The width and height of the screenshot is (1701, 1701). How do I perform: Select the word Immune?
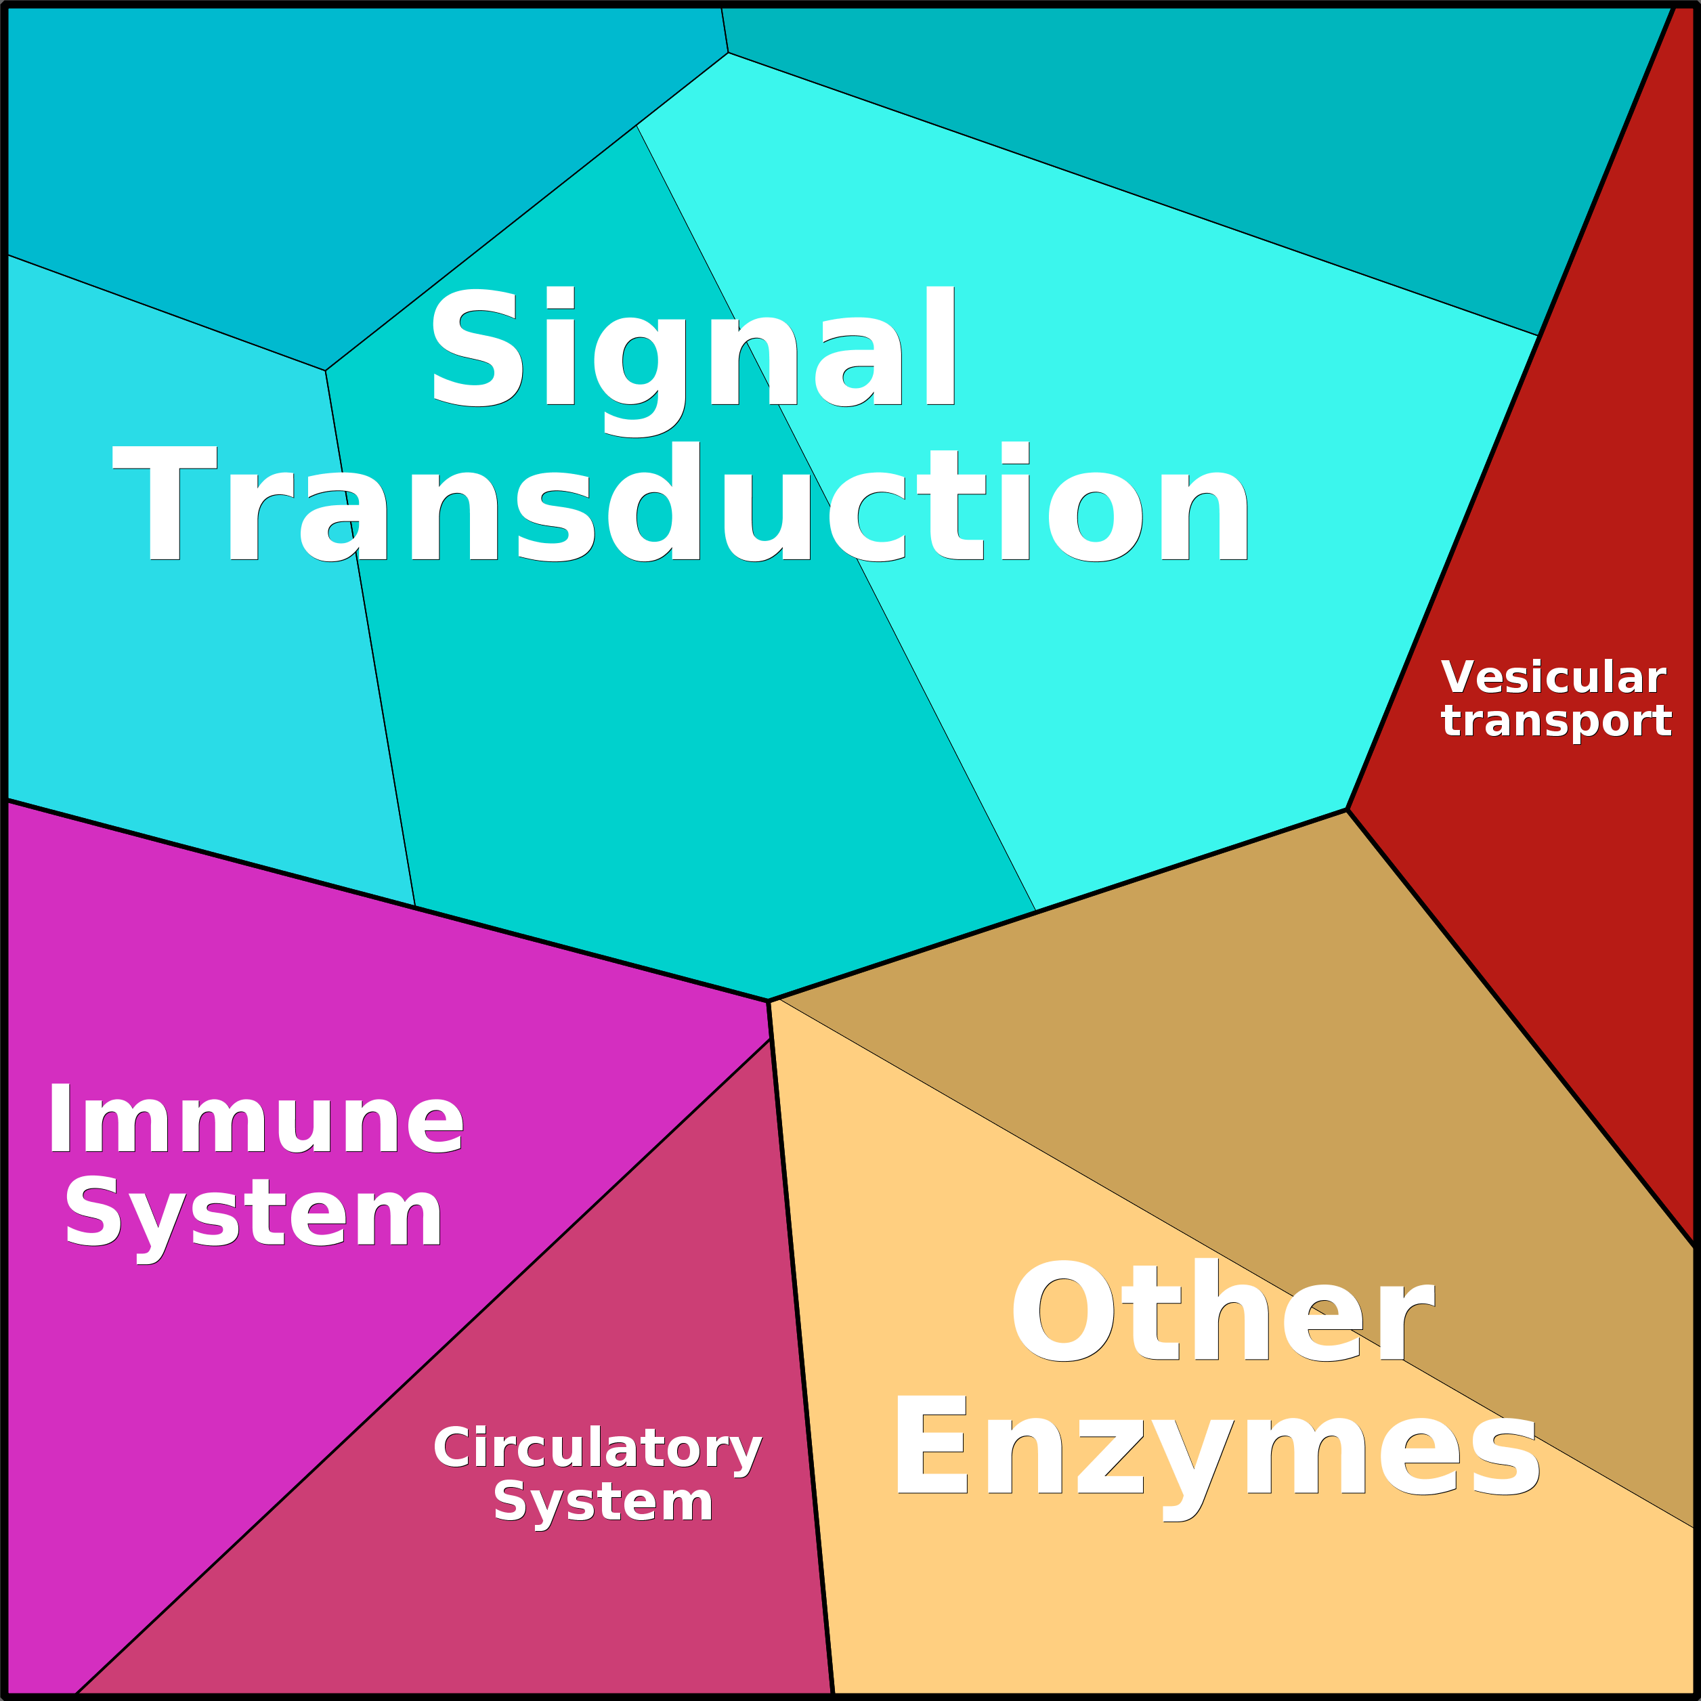coord(255,1120)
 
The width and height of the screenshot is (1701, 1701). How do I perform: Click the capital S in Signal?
coord(474,348)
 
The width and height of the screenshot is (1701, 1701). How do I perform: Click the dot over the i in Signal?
coord(560,297)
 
